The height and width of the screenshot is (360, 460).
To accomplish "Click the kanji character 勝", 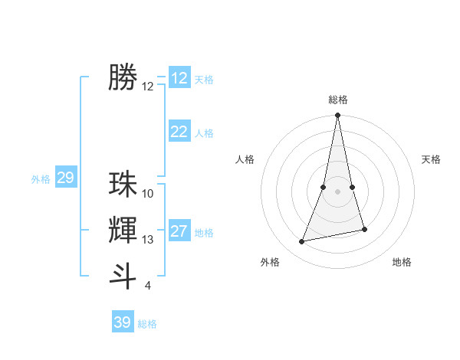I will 123,77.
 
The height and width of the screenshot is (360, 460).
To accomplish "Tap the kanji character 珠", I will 123,185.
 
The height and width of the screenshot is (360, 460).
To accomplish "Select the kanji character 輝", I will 123,230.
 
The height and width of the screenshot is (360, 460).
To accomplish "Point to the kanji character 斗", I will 123,276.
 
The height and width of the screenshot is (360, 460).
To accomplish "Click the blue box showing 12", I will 179,78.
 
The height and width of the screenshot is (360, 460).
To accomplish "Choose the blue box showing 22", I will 179,132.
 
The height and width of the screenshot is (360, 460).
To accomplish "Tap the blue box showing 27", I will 179,231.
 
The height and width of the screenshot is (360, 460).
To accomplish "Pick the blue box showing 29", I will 65,178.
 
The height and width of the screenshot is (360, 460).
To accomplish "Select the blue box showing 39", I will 123,322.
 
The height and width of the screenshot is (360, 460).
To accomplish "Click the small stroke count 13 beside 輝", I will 148,240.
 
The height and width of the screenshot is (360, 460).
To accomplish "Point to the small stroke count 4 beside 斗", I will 147,286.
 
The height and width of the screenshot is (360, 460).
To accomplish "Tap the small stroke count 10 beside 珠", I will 148,194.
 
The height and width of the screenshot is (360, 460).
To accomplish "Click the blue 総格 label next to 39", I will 147,324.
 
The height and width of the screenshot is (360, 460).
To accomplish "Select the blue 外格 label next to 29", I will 41,179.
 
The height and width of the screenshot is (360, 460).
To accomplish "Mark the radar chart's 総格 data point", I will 337,115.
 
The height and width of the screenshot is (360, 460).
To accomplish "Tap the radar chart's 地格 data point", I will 364,229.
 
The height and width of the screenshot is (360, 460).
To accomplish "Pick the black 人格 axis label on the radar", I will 245,159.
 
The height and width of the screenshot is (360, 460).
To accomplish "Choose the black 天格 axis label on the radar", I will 432,159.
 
